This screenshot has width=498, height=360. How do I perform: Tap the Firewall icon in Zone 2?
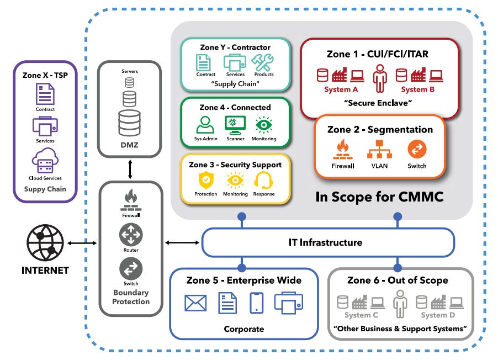point(343,149)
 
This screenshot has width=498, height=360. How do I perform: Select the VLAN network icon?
point(380,149)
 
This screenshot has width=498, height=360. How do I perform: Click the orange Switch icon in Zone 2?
point(417,149)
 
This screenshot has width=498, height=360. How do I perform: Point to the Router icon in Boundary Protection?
point(131,236)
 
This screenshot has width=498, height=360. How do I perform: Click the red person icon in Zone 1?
point(380,78)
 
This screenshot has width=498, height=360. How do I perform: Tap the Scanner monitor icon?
point(235,124)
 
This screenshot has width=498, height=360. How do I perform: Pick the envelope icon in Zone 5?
point(195,303)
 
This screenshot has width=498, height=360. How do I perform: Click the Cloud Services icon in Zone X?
point(45,162)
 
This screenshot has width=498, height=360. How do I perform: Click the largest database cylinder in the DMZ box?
point(129,123)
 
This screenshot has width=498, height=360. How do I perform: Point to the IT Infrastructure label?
point(326,242)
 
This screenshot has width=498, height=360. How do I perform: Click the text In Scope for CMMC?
point(380,197)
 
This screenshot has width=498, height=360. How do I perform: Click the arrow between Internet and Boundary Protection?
point(82,243)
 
